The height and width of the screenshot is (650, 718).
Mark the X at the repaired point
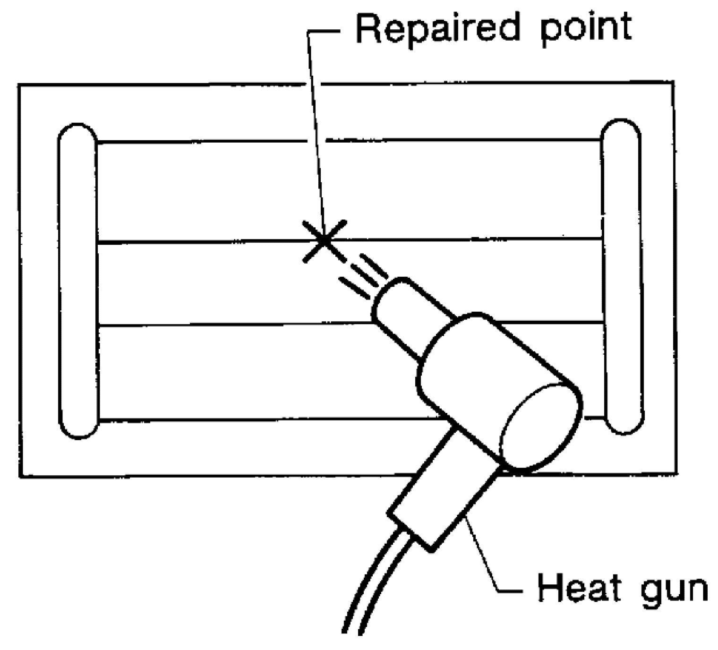(324, 241)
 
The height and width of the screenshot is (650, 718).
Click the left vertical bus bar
(78, 279)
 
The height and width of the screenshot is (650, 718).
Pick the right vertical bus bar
(621, 276)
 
